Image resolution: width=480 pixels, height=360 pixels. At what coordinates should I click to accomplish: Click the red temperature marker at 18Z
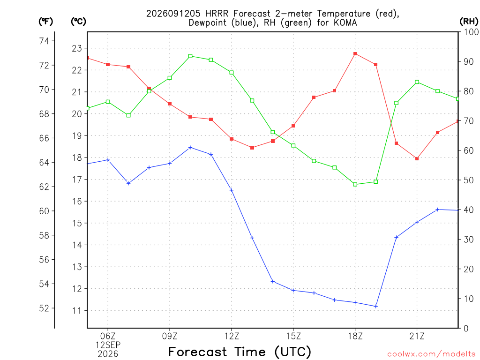pyautogui.click(x=355, y=54)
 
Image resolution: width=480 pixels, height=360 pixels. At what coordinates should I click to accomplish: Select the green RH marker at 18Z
pyautogui.click(x=355, y=184)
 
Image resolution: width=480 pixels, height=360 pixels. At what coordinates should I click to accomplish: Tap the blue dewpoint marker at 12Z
pyautogui.click(x=232, y=190)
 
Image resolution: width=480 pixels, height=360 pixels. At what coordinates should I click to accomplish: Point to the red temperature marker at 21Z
pyautogui.click(x=417, y=158)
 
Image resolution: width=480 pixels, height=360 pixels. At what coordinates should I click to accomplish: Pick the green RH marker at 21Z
pyautogui.click(x=417, y=82)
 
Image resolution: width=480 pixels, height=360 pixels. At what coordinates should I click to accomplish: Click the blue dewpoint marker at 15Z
pyautogui.click(x=293, y=290)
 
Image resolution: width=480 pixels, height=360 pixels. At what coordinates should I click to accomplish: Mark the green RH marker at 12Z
pyautogui.click(x=232, y=73)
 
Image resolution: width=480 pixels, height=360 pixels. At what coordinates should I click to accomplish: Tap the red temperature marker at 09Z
pyautogui.click(x=170, y=104)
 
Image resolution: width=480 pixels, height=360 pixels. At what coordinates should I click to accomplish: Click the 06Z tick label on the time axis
pyautogui.click(x=108, y=336)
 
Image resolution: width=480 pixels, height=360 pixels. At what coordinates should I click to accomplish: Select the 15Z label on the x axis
pyautogui.click(x=293, y=336)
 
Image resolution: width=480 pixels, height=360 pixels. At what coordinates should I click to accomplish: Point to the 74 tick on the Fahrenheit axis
pyautogui.click(x=44, y=41)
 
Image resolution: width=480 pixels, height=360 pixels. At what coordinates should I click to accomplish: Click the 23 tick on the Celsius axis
pyautogui.click(x=77, y=48)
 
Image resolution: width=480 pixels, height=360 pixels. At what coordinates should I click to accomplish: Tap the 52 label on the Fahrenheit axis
pyautogui.click(x=44, y=308)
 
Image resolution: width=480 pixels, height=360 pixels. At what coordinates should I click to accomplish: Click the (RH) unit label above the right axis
pyautogui.click(x=469, y=21)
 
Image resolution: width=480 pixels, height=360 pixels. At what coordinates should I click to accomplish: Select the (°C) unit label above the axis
pyautogui.click(x=78, y=21)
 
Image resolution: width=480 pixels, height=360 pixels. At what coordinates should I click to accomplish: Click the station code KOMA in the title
pyautogui.click(x=345, y=23)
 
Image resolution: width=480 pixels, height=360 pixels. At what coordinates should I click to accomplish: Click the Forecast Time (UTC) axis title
pyautogui.click(x=240, y=352)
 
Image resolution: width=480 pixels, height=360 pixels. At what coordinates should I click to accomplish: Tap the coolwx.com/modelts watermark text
pyautogui.click(x=431, y=354)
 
